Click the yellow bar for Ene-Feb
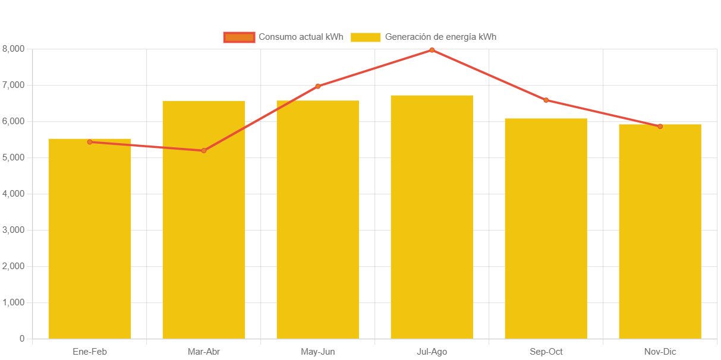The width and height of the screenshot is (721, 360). (90, 238)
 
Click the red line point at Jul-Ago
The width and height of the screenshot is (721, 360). (432, 50)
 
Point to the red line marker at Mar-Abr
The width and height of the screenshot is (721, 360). (204, 151)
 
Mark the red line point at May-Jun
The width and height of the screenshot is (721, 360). (318, 86)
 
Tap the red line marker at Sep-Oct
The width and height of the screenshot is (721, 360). (546, 100)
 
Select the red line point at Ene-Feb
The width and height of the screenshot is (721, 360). (90, 142)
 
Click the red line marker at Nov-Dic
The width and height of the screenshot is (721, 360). (660, 126)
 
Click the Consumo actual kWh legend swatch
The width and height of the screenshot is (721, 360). (239, 37)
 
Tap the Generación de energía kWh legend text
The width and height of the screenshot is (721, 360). (440, 37)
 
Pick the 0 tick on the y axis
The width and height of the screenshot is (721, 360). (21, 339)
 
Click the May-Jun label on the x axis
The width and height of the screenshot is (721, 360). (318, 352)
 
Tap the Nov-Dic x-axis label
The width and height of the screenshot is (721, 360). (660, 352)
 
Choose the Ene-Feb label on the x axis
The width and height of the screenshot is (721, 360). (90, 352)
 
